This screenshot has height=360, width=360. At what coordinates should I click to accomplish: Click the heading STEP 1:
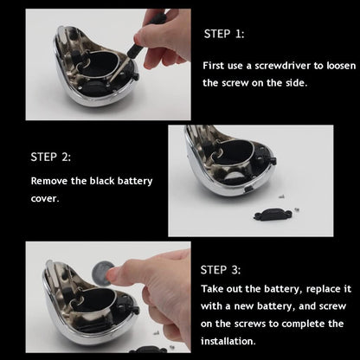[224, 34]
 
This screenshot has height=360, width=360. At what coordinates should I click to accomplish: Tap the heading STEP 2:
[51, 157]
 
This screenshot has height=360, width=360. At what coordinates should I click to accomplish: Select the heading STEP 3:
[221, 270]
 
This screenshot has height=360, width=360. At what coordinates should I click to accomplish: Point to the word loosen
[341, 66]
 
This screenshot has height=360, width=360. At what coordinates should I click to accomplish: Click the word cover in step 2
[44, 199]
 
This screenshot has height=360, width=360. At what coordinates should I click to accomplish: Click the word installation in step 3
[228, 341]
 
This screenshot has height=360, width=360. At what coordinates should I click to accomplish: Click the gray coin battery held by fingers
[101, 273]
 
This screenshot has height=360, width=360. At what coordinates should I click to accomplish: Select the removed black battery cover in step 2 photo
[273, 215]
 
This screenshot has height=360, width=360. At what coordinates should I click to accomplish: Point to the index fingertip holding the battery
[113, 274]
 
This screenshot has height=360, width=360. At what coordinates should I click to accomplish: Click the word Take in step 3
[211, 289]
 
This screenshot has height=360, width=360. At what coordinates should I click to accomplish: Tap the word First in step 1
[213, 66]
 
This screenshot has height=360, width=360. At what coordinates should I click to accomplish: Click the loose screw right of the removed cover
[296, 209]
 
